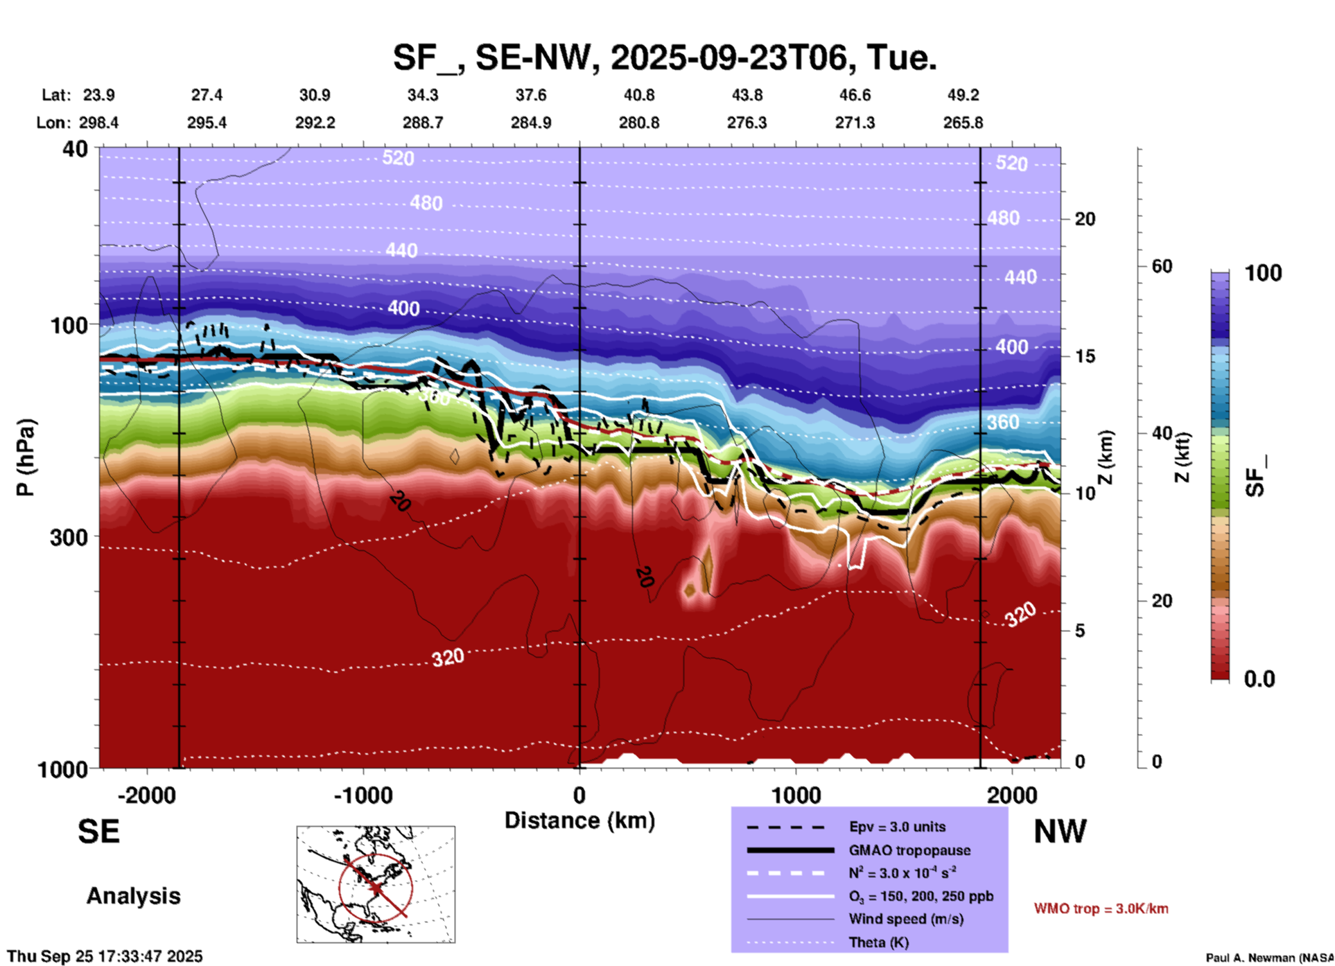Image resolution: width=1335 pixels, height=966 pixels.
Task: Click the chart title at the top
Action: tap(665, 58)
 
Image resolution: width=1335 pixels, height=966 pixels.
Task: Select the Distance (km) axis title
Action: tap(579, 820)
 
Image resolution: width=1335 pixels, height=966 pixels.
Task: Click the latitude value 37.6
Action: tap(530, 95)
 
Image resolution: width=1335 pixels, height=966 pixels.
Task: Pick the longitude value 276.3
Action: tap(747, 123)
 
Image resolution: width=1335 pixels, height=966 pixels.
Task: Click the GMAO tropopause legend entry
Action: tap(909, 850)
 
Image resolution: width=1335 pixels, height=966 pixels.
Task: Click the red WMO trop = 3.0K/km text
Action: tap(1101, 908)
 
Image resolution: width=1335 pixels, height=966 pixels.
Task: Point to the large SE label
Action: tap(98, 832)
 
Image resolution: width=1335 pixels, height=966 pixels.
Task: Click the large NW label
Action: tap(1060, 832)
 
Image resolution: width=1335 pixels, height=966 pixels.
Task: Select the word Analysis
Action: tap(133, 896)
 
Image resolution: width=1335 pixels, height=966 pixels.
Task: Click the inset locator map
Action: tap(376, 884)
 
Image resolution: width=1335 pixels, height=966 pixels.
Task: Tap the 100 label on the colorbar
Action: tap(1263, 273)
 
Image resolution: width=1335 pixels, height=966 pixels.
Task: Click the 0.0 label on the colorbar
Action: tap(1259, 679)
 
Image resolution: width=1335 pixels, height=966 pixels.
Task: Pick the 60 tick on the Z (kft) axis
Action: tap(1162, 266)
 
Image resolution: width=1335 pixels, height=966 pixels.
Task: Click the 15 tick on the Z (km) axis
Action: tap(1085, 356)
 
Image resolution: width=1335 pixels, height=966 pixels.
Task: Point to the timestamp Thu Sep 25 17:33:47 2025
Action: tap(105, 956)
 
